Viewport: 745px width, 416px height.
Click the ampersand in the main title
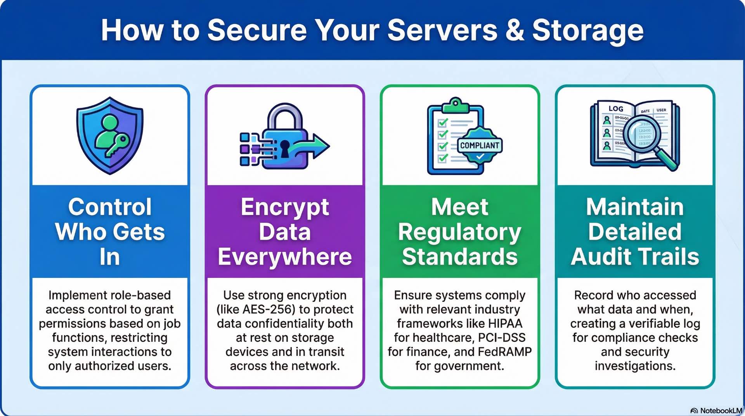pyautogui.click(x=515, y=30)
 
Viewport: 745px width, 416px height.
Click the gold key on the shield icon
pyautogui.click(x=117, y=145)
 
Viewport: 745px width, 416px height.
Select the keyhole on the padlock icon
pyautogui.click(x=284, y=148)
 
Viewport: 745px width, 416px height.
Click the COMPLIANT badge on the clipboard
pyautogui.click(x=480, y=146)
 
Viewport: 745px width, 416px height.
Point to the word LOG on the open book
pyautogui.click(x=616, y=109)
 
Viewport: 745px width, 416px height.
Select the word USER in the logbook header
pyautogui.click(x=661, y=110)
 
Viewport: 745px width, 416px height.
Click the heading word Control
pyautogui.click(x=110, y=207)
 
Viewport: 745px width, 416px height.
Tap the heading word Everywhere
pyautogui.click(x=285, y=257)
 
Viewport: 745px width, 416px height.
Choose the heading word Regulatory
pyautogui.click(x=459, y=232)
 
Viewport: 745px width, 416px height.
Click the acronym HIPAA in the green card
pyautogui.click(x=505, y=324)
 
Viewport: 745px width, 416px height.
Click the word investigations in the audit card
pyautogui.click(x=635, y=366)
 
